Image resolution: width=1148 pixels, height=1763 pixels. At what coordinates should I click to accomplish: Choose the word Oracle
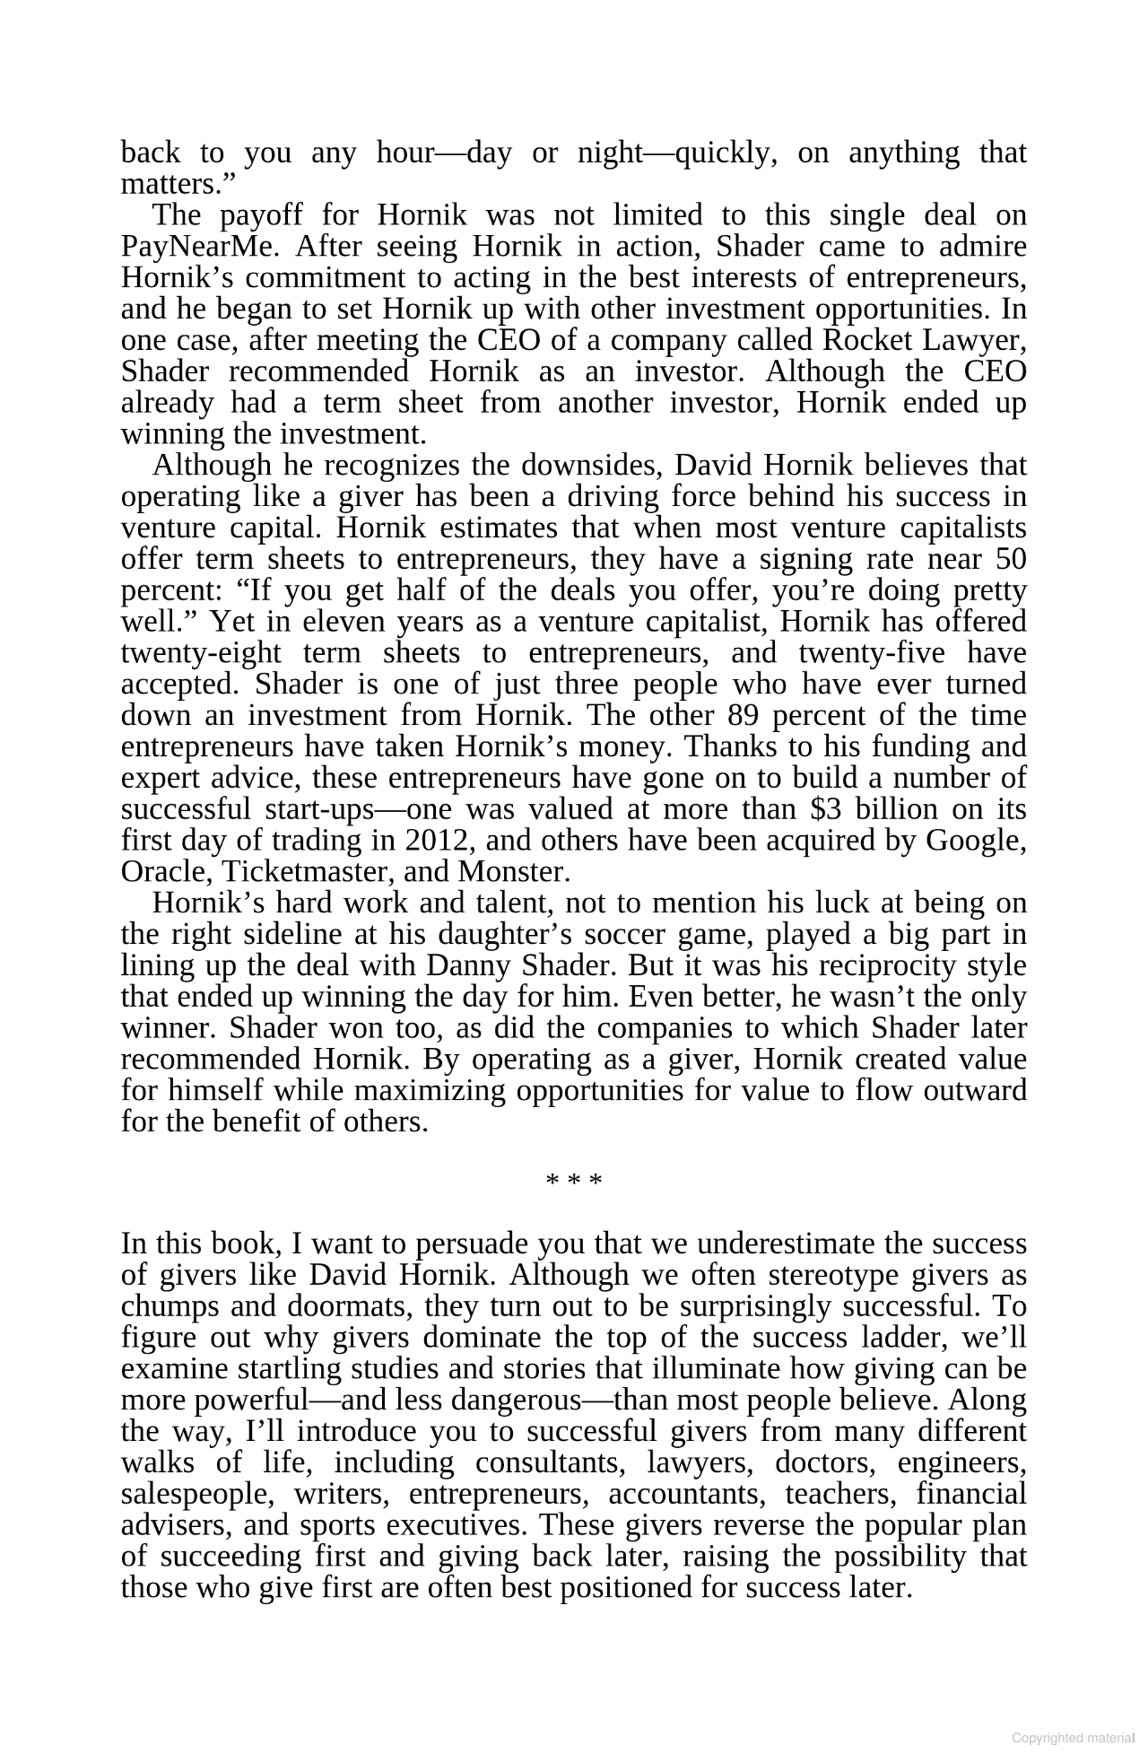(x=166, y=872)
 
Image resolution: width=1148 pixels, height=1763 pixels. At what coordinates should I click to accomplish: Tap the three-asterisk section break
(x=574, y=1181)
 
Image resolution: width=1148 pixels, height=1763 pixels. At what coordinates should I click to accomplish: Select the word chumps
(x=170, y=1307)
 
